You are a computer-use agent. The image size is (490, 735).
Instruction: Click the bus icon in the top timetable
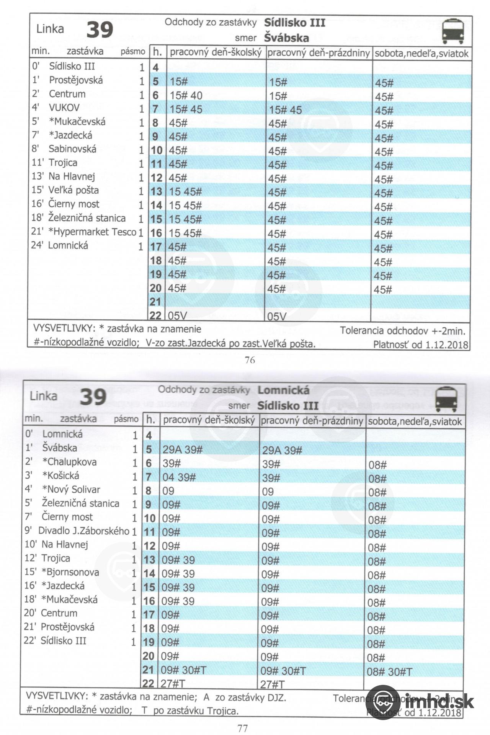click(x=453, y=31)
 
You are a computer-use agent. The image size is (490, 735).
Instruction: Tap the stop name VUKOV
click(x=64, y=108)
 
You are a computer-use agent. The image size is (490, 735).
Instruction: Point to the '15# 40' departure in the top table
click(x=186, y=95)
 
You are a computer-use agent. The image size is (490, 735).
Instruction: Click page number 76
click(x=250, y=360)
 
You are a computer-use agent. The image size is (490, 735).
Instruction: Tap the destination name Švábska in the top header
click(x=286, y=38)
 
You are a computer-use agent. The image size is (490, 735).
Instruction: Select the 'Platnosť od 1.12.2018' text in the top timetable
click(x=420, y=345)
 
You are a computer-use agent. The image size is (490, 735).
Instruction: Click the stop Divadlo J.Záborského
click(x=84, y=531)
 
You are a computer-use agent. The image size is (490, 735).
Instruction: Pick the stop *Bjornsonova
click(x=70, y=572)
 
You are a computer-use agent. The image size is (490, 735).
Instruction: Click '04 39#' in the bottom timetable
click(x=179, y=477)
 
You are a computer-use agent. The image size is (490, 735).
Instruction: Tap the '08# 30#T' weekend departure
click(x=389, y=671)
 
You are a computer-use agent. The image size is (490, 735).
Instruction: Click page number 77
click(x=243, y=728)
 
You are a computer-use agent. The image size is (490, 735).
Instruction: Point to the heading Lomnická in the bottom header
click(x=283, y=390)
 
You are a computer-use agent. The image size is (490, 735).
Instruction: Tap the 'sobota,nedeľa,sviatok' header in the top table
click(x=421, y=53)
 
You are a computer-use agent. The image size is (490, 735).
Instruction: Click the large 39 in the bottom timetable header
click(x=93, y=397)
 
